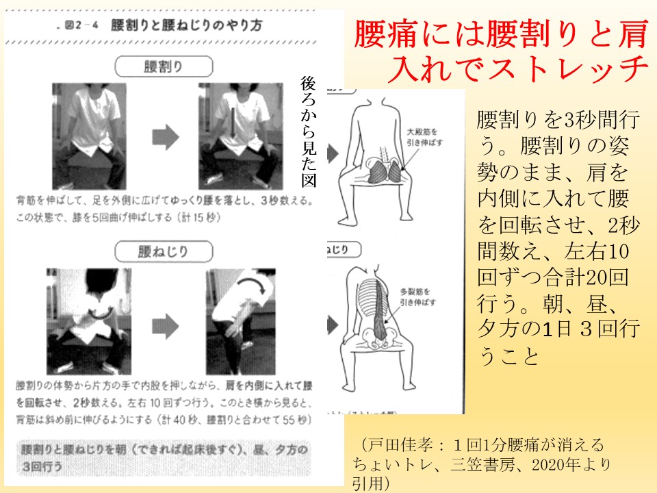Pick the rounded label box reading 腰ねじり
162,251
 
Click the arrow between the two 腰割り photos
164,137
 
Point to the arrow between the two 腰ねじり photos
164,321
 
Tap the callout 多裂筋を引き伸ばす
422,295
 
